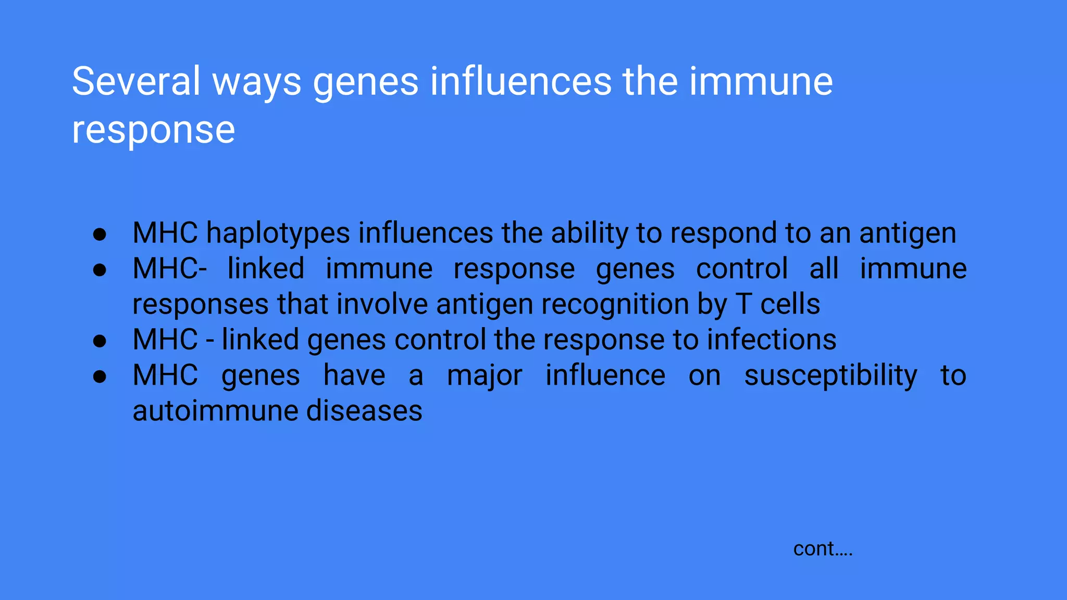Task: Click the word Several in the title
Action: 135,82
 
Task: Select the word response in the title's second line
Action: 153,130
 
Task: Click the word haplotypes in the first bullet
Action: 278,233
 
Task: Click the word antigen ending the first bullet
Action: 908,233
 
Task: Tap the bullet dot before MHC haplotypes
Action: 100,234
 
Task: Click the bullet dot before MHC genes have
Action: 100,377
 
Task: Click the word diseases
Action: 364,411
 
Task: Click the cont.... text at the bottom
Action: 823,549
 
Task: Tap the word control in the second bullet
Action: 742,269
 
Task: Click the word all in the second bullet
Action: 824,269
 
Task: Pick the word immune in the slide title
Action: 761,82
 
